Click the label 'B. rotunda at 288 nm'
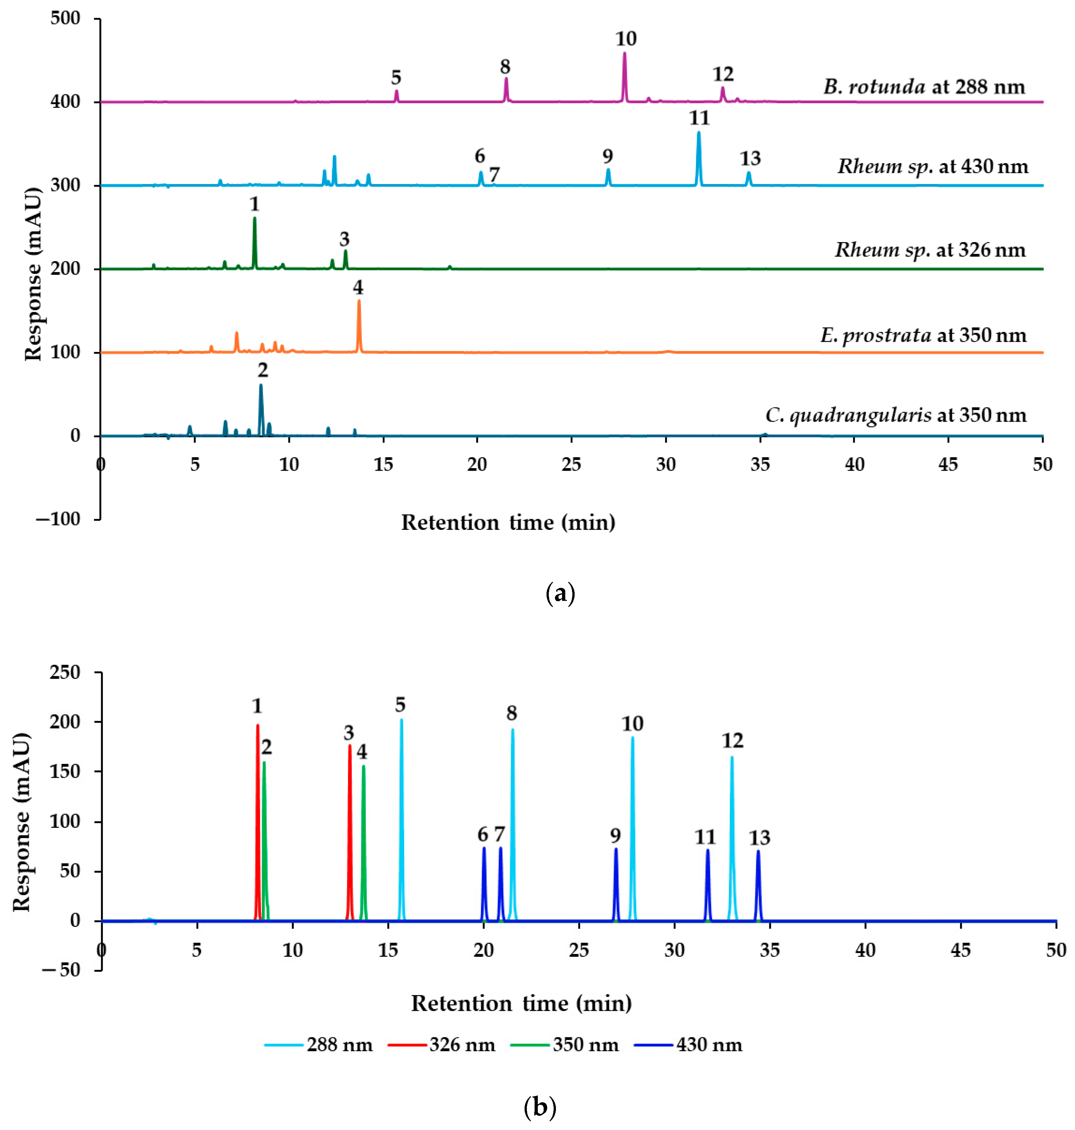coord(924,87)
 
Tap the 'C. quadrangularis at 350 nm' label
coord(896,415)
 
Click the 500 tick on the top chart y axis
coord(65,18)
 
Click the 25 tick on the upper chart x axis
coord(571,464)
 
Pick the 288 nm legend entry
coord(319,1045)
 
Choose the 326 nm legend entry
coord(442,1045)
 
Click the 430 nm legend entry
coord(688,1045)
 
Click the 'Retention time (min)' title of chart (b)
coord(521,1003)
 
